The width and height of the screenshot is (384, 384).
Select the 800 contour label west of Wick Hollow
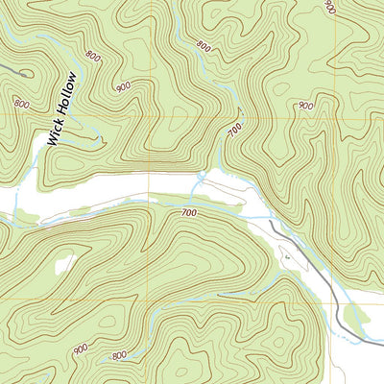tap(21, 102)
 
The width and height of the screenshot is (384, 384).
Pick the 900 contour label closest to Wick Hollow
tap(123, 86)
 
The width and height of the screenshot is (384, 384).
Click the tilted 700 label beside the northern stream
tap(232, 130)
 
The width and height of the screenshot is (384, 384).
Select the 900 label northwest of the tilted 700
tap(203, 45)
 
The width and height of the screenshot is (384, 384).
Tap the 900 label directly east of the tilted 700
tap(304, 106)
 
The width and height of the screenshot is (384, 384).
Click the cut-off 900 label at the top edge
tap(329, 7)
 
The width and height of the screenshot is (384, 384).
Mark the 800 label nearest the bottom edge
tap(118, 357)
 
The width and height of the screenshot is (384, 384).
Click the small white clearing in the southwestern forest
tap(63, 263)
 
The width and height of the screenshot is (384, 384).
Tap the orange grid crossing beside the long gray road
tap(331, 303)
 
